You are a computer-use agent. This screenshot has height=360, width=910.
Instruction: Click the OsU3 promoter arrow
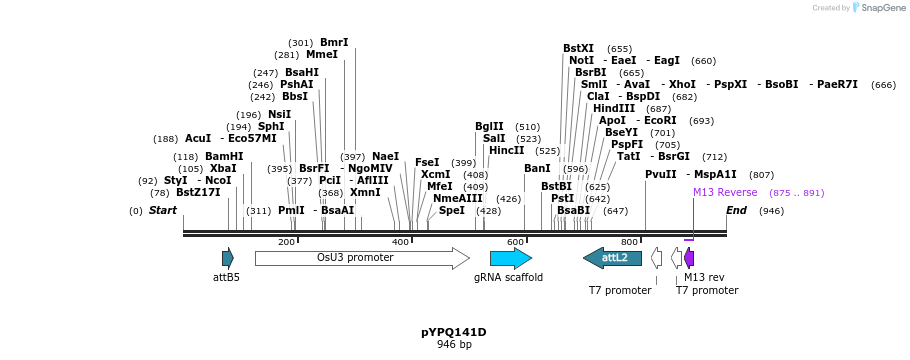(361, 258)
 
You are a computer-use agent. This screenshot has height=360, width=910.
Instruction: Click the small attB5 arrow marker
(228, 258)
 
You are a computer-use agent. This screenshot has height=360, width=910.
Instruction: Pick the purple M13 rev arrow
(689, 258)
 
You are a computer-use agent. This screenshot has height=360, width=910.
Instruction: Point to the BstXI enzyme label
(578, 48)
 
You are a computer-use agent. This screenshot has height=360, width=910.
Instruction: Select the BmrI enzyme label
(334, 43)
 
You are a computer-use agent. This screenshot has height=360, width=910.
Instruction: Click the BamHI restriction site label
(224, 156)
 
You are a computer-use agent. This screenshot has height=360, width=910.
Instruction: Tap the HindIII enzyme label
(613, 108)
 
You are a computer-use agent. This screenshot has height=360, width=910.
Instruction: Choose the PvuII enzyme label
(661, 174)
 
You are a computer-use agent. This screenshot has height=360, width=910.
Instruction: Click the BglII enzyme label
(489, 126)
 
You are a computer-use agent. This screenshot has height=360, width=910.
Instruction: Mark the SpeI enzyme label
(452, 210)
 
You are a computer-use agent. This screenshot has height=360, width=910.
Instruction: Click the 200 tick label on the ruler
(286, 242)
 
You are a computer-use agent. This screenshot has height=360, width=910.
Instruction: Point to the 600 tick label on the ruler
(515, 242)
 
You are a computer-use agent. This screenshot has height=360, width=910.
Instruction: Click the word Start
(163, 210)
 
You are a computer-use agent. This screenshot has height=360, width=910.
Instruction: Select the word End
(736, 210)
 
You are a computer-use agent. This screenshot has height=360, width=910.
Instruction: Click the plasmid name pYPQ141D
(453, 331)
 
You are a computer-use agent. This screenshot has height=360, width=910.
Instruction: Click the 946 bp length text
(453, 345)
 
